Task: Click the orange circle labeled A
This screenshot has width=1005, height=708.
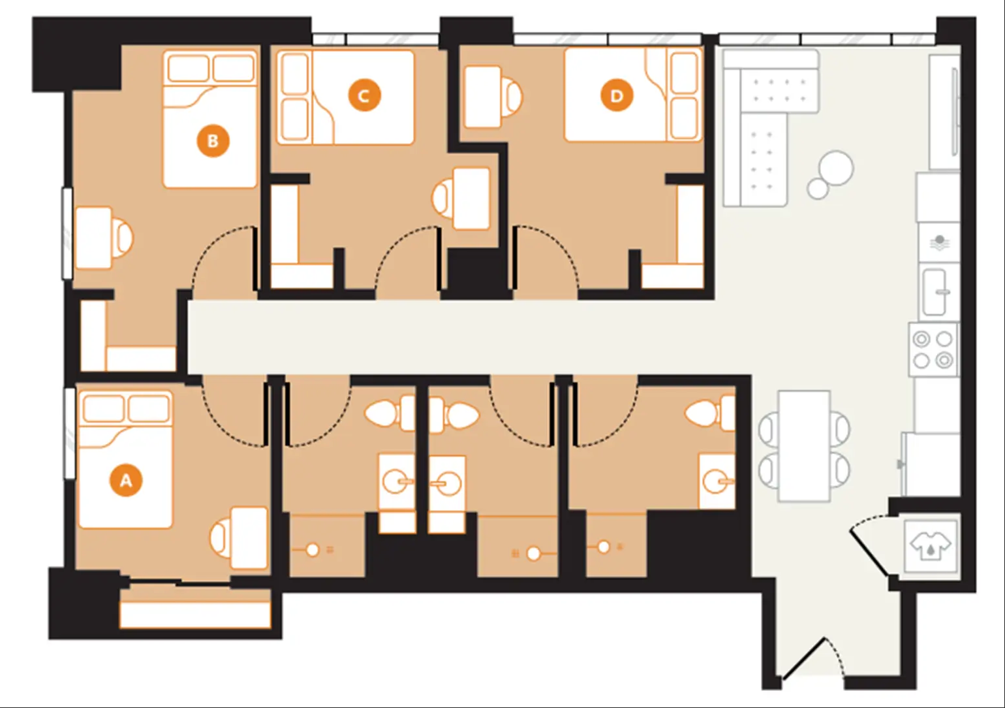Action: coord(126,480)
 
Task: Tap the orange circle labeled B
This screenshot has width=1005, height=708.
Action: coord(213,140)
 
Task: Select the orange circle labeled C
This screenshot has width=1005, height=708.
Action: coord(364,95)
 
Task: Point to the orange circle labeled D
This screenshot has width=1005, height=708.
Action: coord(617,95)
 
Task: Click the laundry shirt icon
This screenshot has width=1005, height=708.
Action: coord(930,546)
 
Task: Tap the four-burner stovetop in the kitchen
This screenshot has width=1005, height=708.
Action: coord(933,349)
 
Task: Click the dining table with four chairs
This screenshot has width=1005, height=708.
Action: coord(805,446)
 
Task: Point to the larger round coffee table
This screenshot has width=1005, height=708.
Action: coord(836,168)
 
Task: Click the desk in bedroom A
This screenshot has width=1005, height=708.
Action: coord(249,537)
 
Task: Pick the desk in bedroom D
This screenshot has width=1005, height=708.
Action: coord(483,97)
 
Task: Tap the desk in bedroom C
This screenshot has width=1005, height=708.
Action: coord(471,199)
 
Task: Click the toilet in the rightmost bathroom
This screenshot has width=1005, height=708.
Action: coord(710,413)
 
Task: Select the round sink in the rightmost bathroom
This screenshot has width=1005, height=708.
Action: coord(713,481)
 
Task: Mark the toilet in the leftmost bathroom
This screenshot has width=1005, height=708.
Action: coord(390,413)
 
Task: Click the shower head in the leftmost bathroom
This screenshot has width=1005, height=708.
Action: coord(313,549)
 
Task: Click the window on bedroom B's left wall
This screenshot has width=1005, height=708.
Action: coord(67,233)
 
